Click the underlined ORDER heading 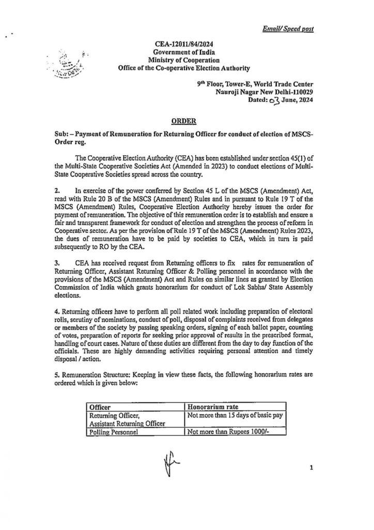[x=183, y=121]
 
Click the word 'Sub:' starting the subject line [x=62, y=134]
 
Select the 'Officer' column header [x=101, y=406]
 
